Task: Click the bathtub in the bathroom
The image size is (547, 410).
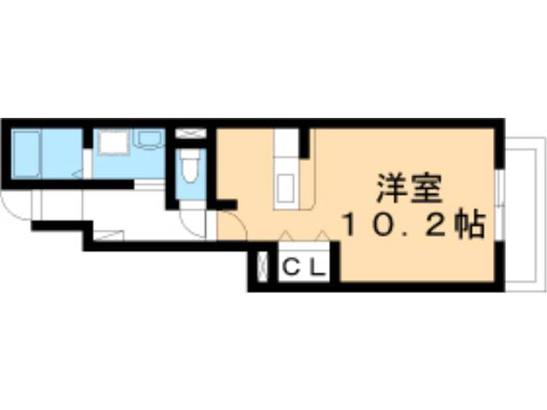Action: pyautogui.click(x=26, y=154)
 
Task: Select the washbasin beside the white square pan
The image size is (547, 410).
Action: pyautogui.click(x=150, y=138)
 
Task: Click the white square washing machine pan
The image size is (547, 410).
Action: pyautogui.click(x=113, y=142)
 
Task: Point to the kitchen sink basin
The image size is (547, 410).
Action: pyautogui.click(x=285, y=188)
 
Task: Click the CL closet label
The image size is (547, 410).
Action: pyautogui.click(x=304, y=267)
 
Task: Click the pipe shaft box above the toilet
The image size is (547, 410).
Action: pyautogui.click(x=191, y=133)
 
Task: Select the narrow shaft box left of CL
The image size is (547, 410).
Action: pyautogui.click(x=262, y=266)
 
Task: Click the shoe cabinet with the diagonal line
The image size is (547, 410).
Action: pyautogui.click(x=109, y=235)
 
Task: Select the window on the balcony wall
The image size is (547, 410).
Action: pyautogui.click(x=500, y=205)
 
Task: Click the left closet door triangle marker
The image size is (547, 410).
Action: pyautogui.click(x=286, y=236)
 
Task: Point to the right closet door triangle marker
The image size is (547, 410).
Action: pyautogui.click(x=323, y=236)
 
